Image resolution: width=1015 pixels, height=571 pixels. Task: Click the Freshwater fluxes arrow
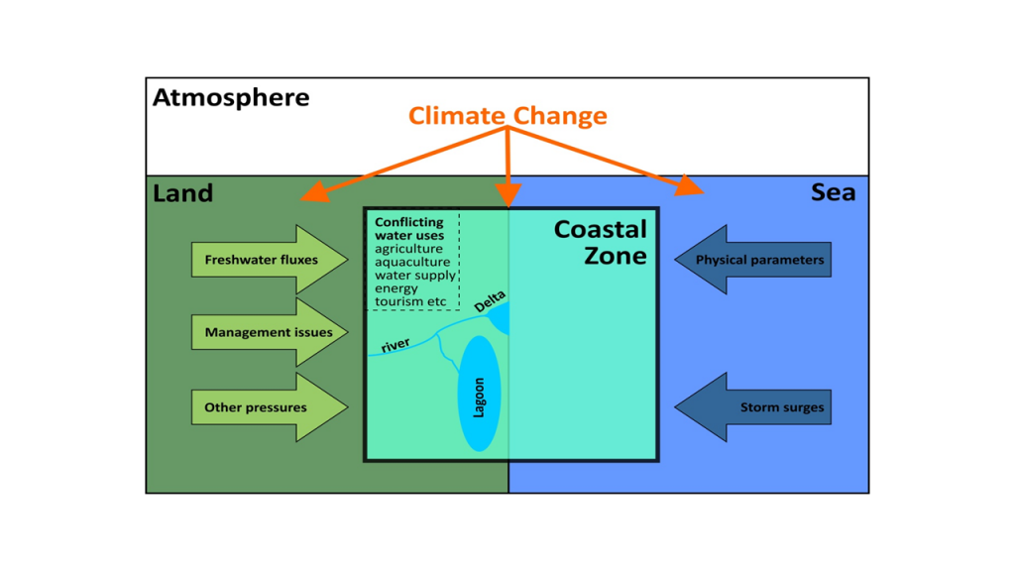click(270, 260)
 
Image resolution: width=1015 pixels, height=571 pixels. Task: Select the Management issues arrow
click(270, 332)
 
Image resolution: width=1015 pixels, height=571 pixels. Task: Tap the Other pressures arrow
click(270, 407)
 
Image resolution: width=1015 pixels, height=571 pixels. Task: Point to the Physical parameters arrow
click(753, 260)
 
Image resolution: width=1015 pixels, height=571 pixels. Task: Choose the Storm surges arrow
click(753, 407)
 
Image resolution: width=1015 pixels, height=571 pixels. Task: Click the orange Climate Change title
click(507, 115)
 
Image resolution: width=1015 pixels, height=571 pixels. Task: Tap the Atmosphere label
click(231, 98)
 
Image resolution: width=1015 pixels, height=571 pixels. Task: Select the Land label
click(182, 193)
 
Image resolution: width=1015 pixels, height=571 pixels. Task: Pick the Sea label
click(833, 192)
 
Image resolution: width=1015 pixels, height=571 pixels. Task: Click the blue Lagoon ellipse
click(479, 394)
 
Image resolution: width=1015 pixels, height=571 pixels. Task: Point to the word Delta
click(490, 302)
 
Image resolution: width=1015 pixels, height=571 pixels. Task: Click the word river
click(395, 345)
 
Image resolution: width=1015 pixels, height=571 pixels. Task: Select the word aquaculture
click(412, 262)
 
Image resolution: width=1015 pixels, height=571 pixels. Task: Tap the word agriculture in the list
click(409, 249)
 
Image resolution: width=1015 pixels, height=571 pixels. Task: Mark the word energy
click(396, 288)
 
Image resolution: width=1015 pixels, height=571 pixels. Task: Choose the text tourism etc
click(410, 301)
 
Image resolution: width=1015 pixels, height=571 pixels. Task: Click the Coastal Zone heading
click(601, 242)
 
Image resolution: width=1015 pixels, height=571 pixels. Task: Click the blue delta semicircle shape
click(500, 318)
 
